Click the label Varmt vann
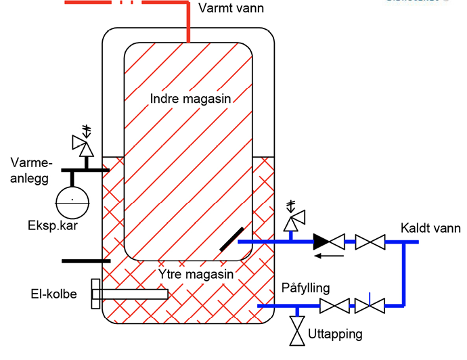pyautogui.click(x=231, y=9)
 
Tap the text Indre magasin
pyautogui.click(x=191, y=99)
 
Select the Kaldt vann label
pyautogui.click(x=430, y=228)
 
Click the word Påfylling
pyautogui.click(x=305, y=288)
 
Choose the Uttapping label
pyautogui.click(x=334, y=334)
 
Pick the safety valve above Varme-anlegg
pyautogui.click(x=85, y=144)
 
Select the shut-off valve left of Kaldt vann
pyautogui.click(x=370, y=242)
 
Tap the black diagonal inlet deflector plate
pyautogui.click(x=231, y=240)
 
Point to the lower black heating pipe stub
pyautogui.click(x=85, y=261)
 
